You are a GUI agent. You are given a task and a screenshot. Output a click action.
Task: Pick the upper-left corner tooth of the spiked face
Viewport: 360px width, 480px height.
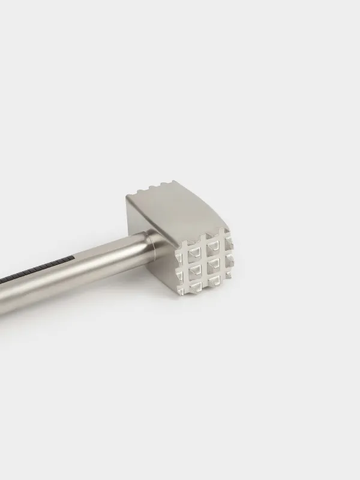pyautogui.click(x=184, y=245)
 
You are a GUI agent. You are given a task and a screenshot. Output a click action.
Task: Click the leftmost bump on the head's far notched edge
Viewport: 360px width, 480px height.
pyautogui.click(x=140, y=191)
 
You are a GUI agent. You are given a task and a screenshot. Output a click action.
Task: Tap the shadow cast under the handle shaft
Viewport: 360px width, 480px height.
pyautogui.click(x=90, y=294)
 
